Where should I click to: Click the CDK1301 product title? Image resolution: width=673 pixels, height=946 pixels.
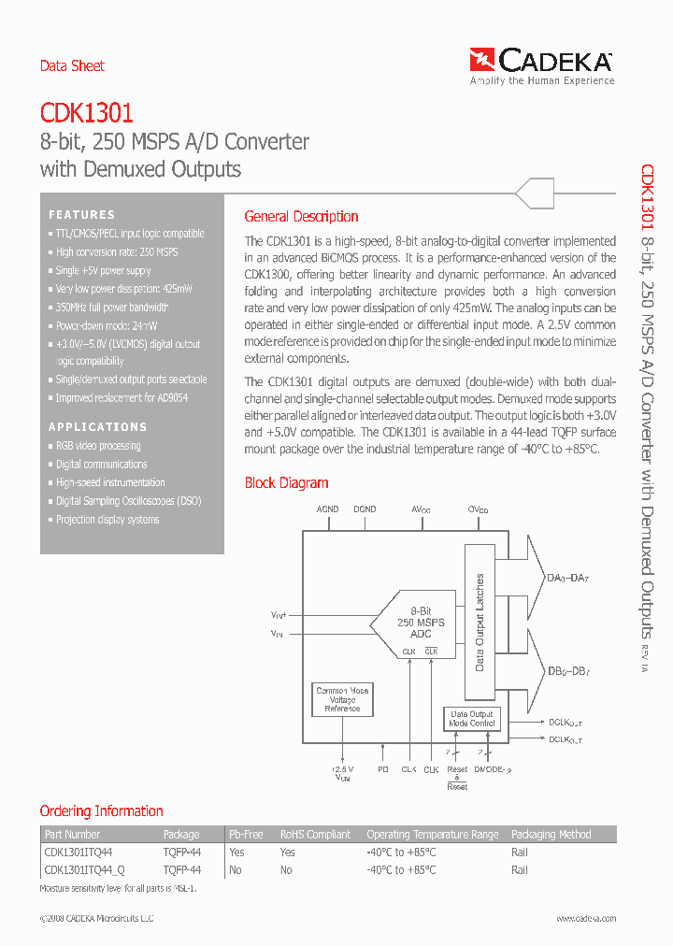point(86,114)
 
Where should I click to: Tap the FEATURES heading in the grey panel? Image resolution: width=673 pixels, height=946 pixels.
point(82,215)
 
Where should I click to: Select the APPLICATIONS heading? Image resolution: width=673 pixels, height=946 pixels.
point(98,427)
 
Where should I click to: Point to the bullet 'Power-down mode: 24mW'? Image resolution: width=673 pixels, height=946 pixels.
point(107,326)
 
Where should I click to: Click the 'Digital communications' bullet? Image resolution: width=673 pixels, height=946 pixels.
point(101,465)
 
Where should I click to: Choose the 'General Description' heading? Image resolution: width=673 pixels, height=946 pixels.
point(301,217)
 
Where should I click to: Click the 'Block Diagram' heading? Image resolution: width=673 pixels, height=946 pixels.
point(286,483)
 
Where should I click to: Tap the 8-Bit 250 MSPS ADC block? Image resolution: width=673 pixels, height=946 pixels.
point(420,622)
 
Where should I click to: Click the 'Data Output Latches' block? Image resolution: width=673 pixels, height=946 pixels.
point(480,622)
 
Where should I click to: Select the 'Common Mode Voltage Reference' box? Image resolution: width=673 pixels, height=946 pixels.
point(342,700)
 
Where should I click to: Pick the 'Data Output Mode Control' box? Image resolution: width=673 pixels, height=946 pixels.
point(472,718)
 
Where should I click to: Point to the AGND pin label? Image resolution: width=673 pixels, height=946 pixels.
point(327,509)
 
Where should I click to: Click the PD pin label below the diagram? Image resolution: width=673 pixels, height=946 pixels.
point(383,769)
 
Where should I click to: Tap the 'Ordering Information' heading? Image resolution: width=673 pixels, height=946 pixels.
point(101,811)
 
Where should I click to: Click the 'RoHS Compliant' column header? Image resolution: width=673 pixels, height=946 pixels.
point(315,835)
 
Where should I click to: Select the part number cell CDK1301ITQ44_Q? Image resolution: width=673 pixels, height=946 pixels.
point(83,869)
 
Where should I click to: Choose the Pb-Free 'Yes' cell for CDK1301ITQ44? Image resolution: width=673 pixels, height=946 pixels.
point(236,853)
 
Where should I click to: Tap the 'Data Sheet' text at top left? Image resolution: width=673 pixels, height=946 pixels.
point(72,66)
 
